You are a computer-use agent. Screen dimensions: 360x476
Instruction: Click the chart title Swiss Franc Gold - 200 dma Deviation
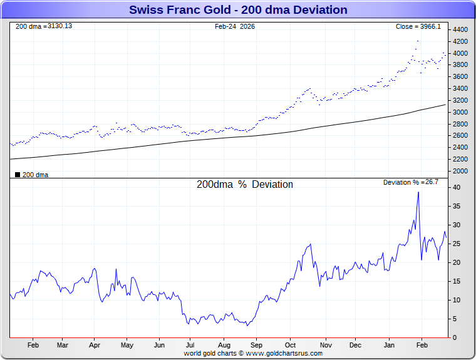(x=238, y=10)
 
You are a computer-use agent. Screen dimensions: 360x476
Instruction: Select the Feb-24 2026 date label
(x=235, y=26)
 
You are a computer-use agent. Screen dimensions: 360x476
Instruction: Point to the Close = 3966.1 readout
(x=418, y=26)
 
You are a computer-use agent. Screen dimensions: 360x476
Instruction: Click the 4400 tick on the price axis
(x=460, y=30)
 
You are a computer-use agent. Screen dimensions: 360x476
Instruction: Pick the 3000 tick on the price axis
(x=460, y=112)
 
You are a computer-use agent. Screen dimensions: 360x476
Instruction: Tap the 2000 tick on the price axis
(x=460, y=171)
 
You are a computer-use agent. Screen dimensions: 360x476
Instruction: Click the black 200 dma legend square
(x=18, y=175)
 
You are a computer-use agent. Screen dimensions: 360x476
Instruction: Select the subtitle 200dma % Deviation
(x=245, y=185)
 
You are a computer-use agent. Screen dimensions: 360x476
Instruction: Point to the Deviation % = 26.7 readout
(x=411, y=182)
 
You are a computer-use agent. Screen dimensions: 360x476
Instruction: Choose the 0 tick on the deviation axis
(x=455, y=337)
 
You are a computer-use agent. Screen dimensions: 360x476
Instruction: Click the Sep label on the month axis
(x=256, y=345)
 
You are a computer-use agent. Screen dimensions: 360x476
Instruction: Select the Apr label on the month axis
(x=95, y=345)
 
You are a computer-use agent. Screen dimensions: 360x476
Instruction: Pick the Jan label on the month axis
(x=389, y=345)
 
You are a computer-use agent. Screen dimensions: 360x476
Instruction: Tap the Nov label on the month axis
(x=326, y=345)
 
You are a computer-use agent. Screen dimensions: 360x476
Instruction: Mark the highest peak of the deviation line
(x=418, y=192)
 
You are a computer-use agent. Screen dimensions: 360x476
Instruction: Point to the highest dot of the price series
(x=418, y=41)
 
